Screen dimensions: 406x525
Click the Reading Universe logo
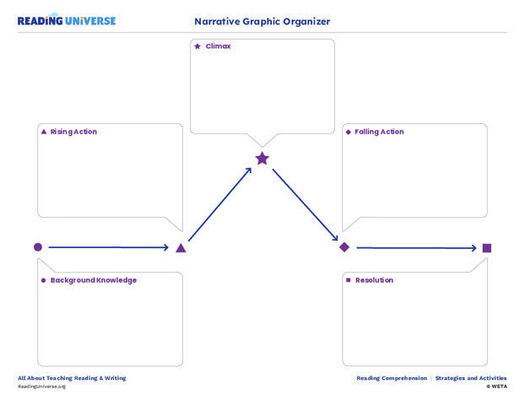tap(67, 20)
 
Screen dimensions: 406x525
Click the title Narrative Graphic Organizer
tap(262, 21)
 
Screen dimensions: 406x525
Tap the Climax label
tap(217, 46)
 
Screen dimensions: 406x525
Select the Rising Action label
tap(73, 132)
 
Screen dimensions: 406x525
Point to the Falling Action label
tap(379, 132)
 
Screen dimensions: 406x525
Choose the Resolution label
tap(374, 280)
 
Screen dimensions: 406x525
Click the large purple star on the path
tap(262, 158)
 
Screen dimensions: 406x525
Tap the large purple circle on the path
tap(37, 247)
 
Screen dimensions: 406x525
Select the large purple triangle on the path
tap(181, 247)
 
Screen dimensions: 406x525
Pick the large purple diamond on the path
tap(344, 247)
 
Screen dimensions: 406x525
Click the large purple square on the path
tap(487, 247)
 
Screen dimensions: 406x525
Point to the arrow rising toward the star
tap(220, 205)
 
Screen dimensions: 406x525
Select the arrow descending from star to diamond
tap(305, 204)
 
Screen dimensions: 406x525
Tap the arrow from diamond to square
tap(415, 247)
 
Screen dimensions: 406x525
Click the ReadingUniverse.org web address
tap(41, 387)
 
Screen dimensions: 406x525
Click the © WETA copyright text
tap(496, 387)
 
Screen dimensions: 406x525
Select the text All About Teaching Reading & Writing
tap(72, 378)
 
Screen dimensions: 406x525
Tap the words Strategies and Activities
tap(471, 378)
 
